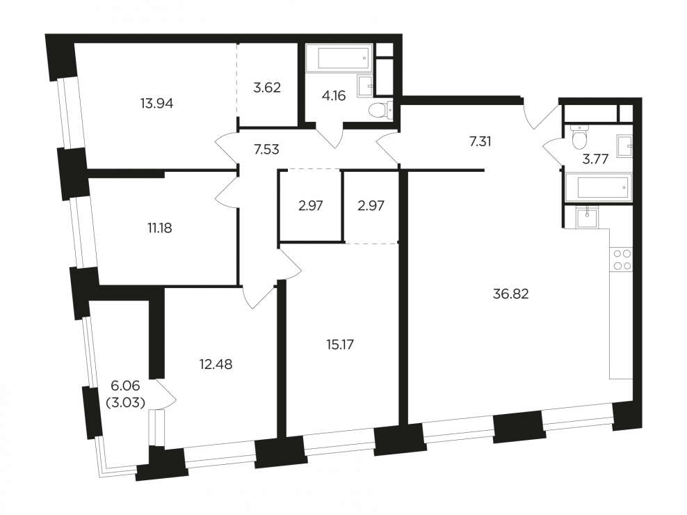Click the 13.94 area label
[157, 104]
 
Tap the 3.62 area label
[267, 88]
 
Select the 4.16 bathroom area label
[334, 95]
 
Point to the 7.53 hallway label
[266, 150]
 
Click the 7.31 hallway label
[480, 142]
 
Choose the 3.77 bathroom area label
[595, 159]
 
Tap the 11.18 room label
[159, 228]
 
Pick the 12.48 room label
[216, 364]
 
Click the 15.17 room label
[340, 344]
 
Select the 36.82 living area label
[511, 294]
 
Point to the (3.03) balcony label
[126, 403]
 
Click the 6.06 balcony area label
[126, 386]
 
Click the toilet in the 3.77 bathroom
[579, 137]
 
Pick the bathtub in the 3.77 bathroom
[599, 188]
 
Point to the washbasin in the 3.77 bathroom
[624, 146]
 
